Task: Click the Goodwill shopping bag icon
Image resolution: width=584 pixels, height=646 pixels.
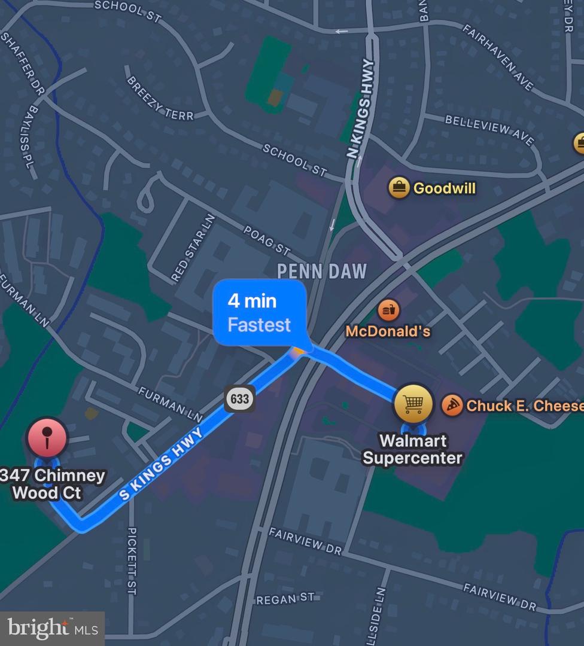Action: click(398, 188)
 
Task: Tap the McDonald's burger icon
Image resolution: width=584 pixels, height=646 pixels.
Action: click(388, 310)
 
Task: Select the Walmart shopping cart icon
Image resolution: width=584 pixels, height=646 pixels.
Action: click(413, 404)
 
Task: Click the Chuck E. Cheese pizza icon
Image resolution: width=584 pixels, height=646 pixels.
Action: click(452, 405)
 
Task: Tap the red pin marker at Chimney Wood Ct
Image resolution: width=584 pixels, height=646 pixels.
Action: click(47, 438)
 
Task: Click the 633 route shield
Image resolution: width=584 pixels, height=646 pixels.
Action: click(240, 398)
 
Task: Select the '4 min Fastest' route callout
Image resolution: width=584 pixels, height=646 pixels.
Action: click(260, 313)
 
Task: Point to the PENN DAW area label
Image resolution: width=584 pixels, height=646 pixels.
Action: click(321, 271)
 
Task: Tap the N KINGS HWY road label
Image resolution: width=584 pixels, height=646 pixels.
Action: click(360, 109)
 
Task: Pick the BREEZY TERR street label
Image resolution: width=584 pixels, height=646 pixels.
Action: click(160, 97)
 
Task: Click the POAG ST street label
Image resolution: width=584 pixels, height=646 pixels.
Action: click(267, 239)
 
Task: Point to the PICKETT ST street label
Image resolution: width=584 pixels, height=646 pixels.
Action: click(132, 560)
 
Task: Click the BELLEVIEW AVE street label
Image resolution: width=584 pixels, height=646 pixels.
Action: click(489, 129)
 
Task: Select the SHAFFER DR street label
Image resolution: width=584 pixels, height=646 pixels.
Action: click(23, 64)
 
